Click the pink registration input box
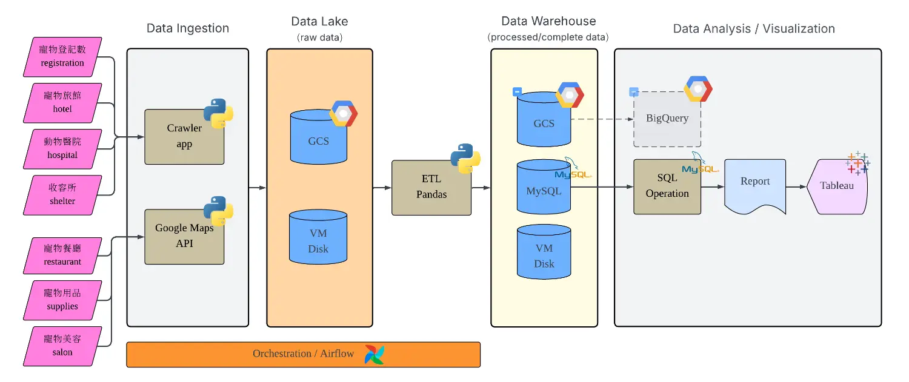[x=62, y=57]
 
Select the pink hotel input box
[x=62, y=103]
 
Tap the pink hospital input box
[x=62, y=149]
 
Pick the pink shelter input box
[x=62, y=195]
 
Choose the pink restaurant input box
[x=62, y=255]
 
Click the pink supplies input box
[x=62, y=300]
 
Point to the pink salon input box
[x=62, y=346]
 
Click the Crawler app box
[x=184, y=137]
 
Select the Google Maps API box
[x=184, y=236]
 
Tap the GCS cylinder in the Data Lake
[x=319, y=138]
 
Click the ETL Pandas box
[x=431, y=188]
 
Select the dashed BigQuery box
[x=667, y=119]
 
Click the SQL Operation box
[x=667, y=186]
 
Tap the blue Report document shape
[x=755, y=184]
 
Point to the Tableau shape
[x=837, y=186]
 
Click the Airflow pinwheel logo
[x=374, y=355]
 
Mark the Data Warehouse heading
[x=548, y=22]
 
